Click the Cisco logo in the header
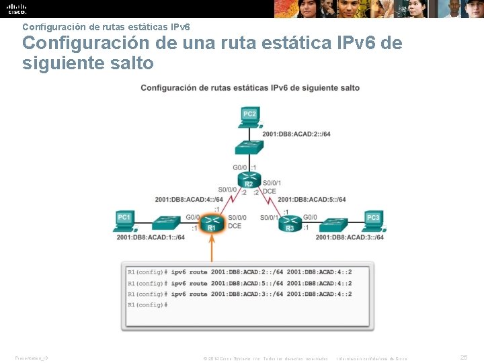click(x=16, y=9)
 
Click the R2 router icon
click(x=249, y=180)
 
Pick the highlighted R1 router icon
click(x=212, y=223)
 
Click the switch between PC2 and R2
click(x=249, y=148)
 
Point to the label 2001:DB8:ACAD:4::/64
click(x=189, y=199)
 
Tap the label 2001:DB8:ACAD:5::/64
click(x=312, y=199)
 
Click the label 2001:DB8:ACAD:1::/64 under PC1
click(x=151, y=237)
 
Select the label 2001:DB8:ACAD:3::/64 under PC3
click(x=350, y=237)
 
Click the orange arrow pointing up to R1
click(x=212, y=249)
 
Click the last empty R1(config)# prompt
click(x=147, y=305)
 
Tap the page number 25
click(x=464, y=358)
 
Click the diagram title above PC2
click(x=249, y=88)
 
